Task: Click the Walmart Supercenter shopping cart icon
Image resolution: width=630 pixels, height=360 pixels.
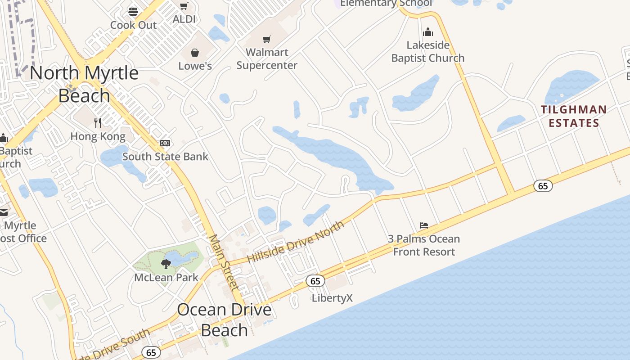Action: tap(267, 40)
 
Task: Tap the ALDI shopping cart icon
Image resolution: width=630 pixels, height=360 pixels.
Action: tap(184, 6)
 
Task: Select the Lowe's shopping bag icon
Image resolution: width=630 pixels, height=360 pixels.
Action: tap(195, 53)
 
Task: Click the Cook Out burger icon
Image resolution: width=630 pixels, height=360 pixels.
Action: tap(133, 12)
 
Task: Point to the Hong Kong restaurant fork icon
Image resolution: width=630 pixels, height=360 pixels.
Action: tap(98, 122)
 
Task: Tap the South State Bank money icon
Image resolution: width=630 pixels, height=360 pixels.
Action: tap(165, 143)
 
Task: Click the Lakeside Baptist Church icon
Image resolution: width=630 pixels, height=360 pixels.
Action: tap(428, 32)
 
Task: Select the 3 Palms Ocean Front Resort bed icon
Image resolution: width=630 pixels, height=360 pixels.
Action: tap(424, 225)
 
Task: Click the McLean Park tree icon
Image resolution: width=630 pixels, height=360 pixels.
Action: tap(166, 264)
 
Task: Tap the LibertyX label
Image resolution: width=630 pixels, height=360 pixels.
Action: tap(333, 298)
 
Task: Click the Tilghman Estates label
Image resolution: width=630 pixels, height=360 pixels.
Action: tap(574, 116)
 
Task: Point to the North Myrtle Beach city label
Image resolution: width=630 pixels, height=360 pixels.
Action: tap(85, 84)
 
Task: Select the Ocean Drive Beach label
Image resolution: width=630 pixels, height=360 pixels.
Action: tap(224, 319)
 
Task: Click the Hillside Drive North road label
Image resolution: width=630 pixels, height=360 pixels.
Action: tap(296, 242)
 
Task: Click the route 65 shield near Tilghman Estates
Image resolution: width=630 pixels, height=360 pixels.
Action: tap(543, 185)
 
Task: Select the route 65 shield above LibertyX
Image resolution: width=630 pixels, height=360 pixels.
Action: tap(315, 281)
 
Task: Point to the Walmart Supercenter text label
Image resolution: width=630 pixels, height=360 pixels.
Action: tap(267, 59)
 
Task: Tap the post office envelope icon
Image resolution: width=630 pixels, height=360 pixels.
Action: tap(3, 212)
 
